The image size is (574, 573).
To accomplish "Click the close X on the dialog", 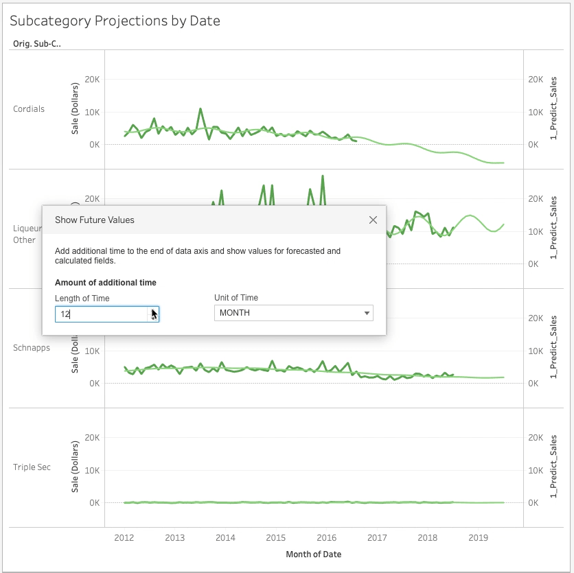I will point(373,220).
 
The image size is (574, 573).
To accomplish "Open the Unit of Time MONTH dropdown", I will point(294,313).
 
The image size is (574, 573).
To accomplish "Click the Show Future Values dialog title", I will point(95,220).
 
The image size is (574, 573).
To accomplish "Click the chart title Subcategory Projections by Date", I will point(115,21).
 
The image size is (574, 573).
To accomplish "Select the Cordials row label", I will point(29,109).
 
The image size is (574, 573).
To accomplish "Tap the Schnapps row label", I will point(32,348).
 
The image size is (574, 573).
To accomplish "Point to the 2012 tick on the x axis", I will point(124,538).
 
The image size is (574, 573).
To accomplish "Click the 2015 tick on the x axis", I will point(276,538).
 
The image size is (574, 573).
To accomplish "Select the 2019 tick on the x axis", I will point(478,538).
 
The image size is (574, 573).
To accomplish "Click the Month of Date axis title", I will point(313,554).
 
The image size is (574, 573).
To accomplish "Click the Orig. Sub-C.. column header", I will point(37,43).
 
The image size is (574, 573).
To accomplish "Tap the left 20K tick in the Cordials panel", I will point(92,80).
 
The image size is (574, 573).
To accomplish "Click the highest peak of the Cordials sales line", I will point(200,109).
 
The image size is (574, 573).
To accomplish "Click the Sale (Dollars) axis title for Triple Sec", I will point(75,467).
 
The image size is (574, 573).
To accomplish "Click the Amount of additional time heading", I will point(106,283).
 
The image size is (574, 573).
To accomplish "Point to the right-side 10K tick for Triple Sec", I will point(536,470).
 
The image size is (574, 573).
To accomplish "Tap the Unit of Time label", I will point(236,298).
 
